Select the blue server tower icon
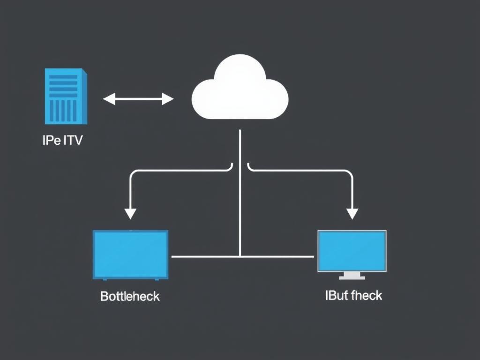[66, 96]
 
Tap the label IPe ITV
[62, 140]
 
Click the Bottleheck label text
[130, 296]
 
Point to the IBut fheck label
[353, 295]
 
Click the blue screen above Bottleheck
[130, 255]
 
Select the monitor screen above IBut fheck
[352, 251]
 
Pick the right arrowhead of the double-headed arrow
[168, 99]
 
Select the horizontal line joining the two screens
[206, 256]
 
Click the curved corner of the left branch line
[133, 174]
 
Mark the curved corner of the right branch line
[349, 174]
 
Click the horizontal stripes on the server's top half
[63, 85]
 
